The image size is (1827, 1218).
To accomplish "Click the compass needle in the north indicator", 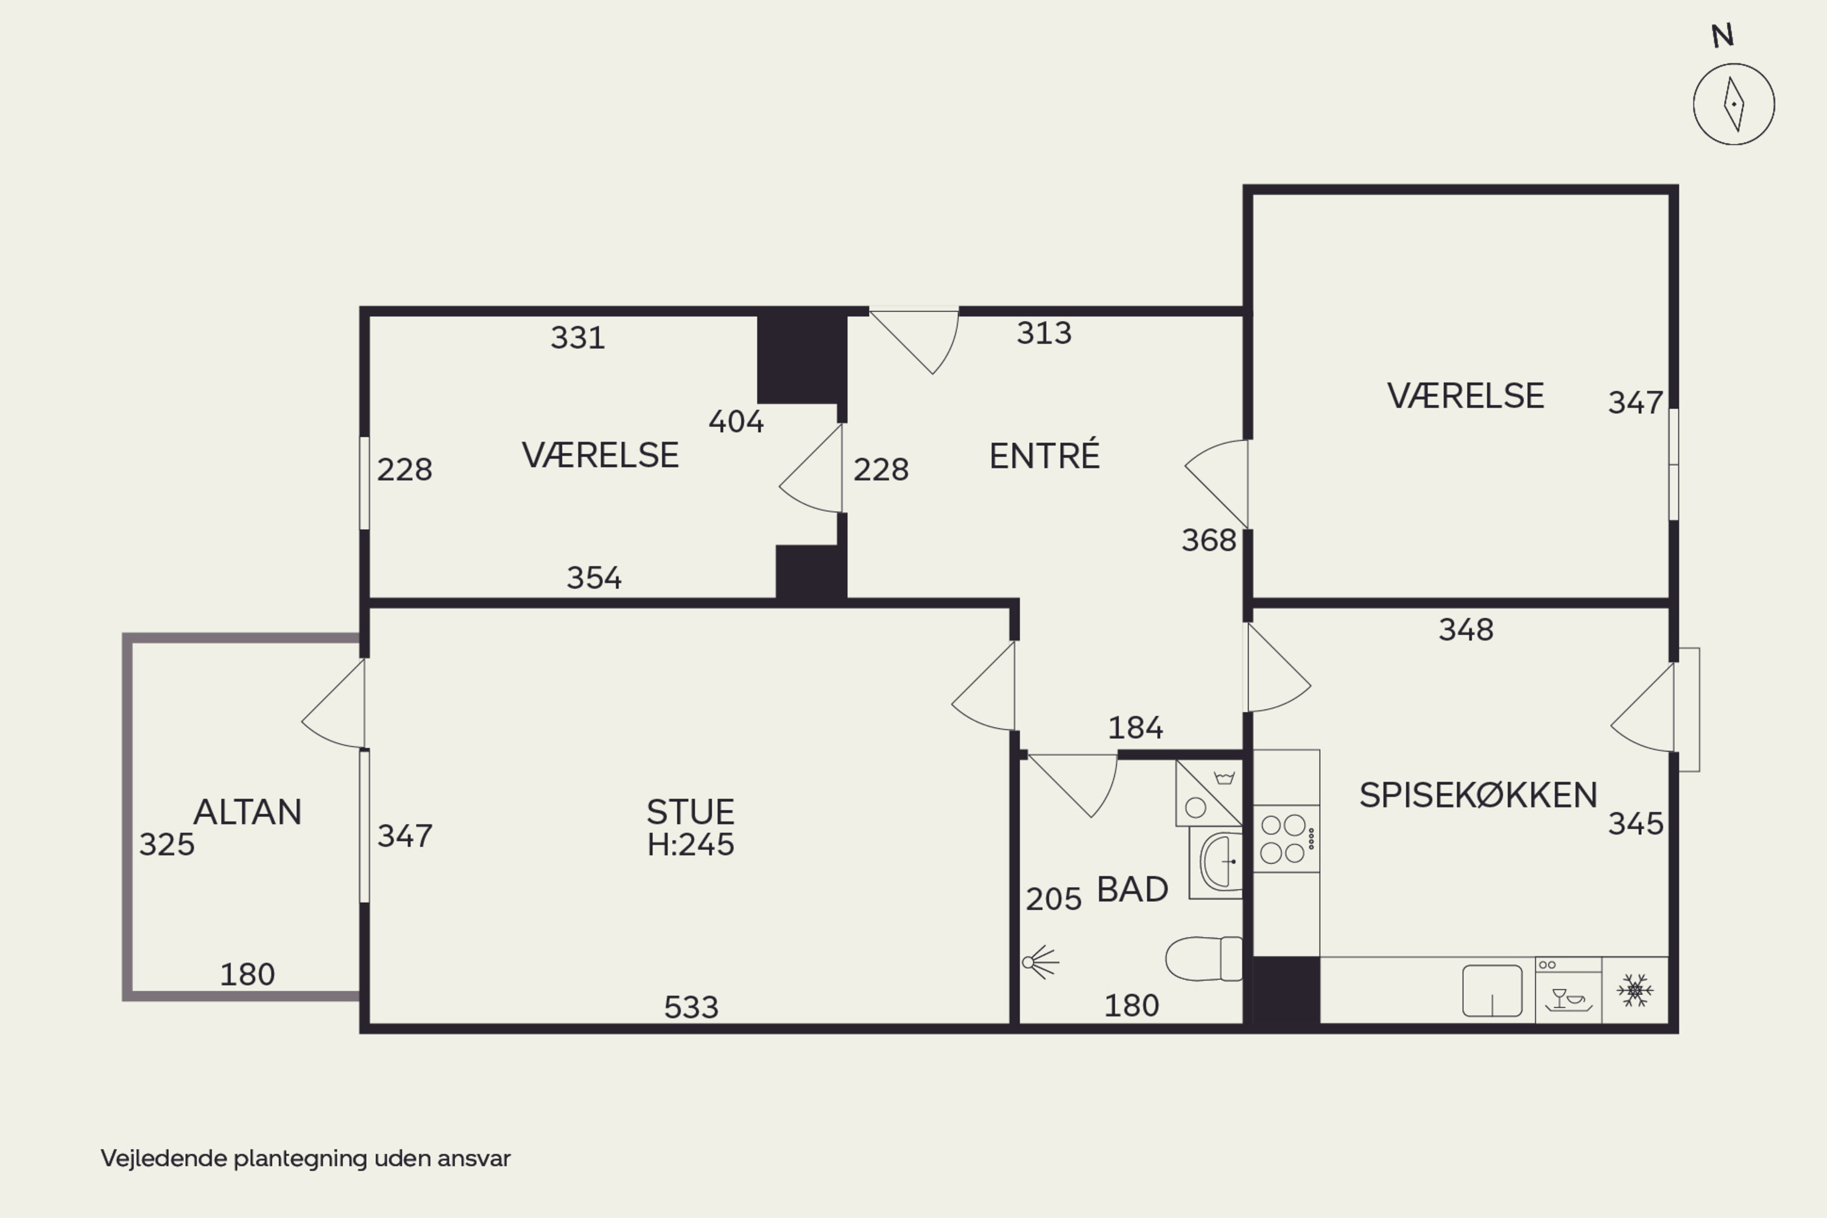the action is click(x=1734, y=104).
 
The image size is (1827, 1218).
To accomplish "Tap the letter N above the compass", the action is click(x=1722, y=36).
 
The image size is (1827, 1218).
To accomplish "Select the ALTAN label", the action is click(x=247, y=812).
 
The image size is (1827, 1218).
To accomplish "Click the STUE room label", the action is click(x=690, y=812).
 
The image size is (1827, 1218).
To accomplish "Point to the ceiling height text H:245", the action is click(x=690, y=844).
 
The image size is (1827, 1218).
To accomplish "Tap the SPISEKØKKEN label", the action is click(x=1478, y=795).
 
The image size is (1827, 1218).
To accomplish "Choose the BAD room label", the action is click(x=1132, y=889).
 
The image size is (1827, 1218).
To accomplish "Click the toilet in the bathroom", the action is click(x=1204, y=959).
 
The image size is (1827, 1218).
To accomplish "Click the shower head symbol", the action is click(x=1040, y=962).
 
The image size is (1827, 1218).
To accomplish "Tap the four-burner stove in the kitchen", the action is click(x=1286, y=839).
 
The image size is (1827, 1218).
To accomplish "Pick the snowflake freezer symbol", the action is click(x=1635, y=990).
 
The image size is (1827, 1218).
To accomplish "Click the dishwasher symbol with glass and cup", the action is click(x=1568, y=990).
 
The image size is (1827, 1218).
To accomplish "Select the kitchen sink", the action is click(x=1492, y=990).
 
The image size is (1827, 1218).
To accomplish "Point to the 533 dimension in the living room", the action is click(x=691, y=1007).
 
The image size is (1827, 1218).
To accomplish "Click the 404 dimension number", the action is click(x=736, y=422).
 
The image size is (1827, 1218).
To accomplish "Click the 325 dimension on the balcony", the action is click(x=166, y=845).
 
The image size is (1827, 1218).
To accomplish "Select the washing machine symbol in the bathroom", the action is click(x=1209, y=792).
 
